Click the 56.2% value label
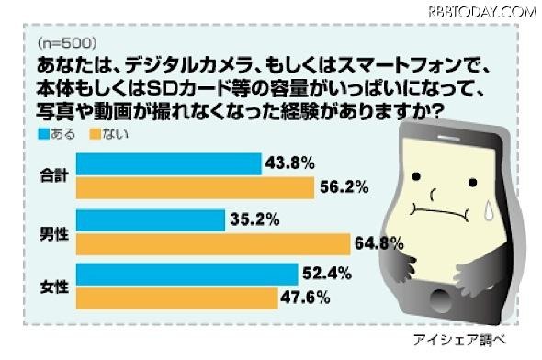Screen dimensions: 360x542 point(344,187)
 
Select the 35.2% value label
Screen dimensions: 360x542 point(254,220)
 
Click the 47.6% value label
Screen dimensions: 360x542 point(305,298)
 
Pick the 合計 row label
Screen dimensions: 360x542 point(54,175)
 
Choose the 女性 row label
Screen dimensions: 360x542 point(54,286)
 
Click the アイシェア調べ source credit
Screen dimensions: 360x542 point(475,341)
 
